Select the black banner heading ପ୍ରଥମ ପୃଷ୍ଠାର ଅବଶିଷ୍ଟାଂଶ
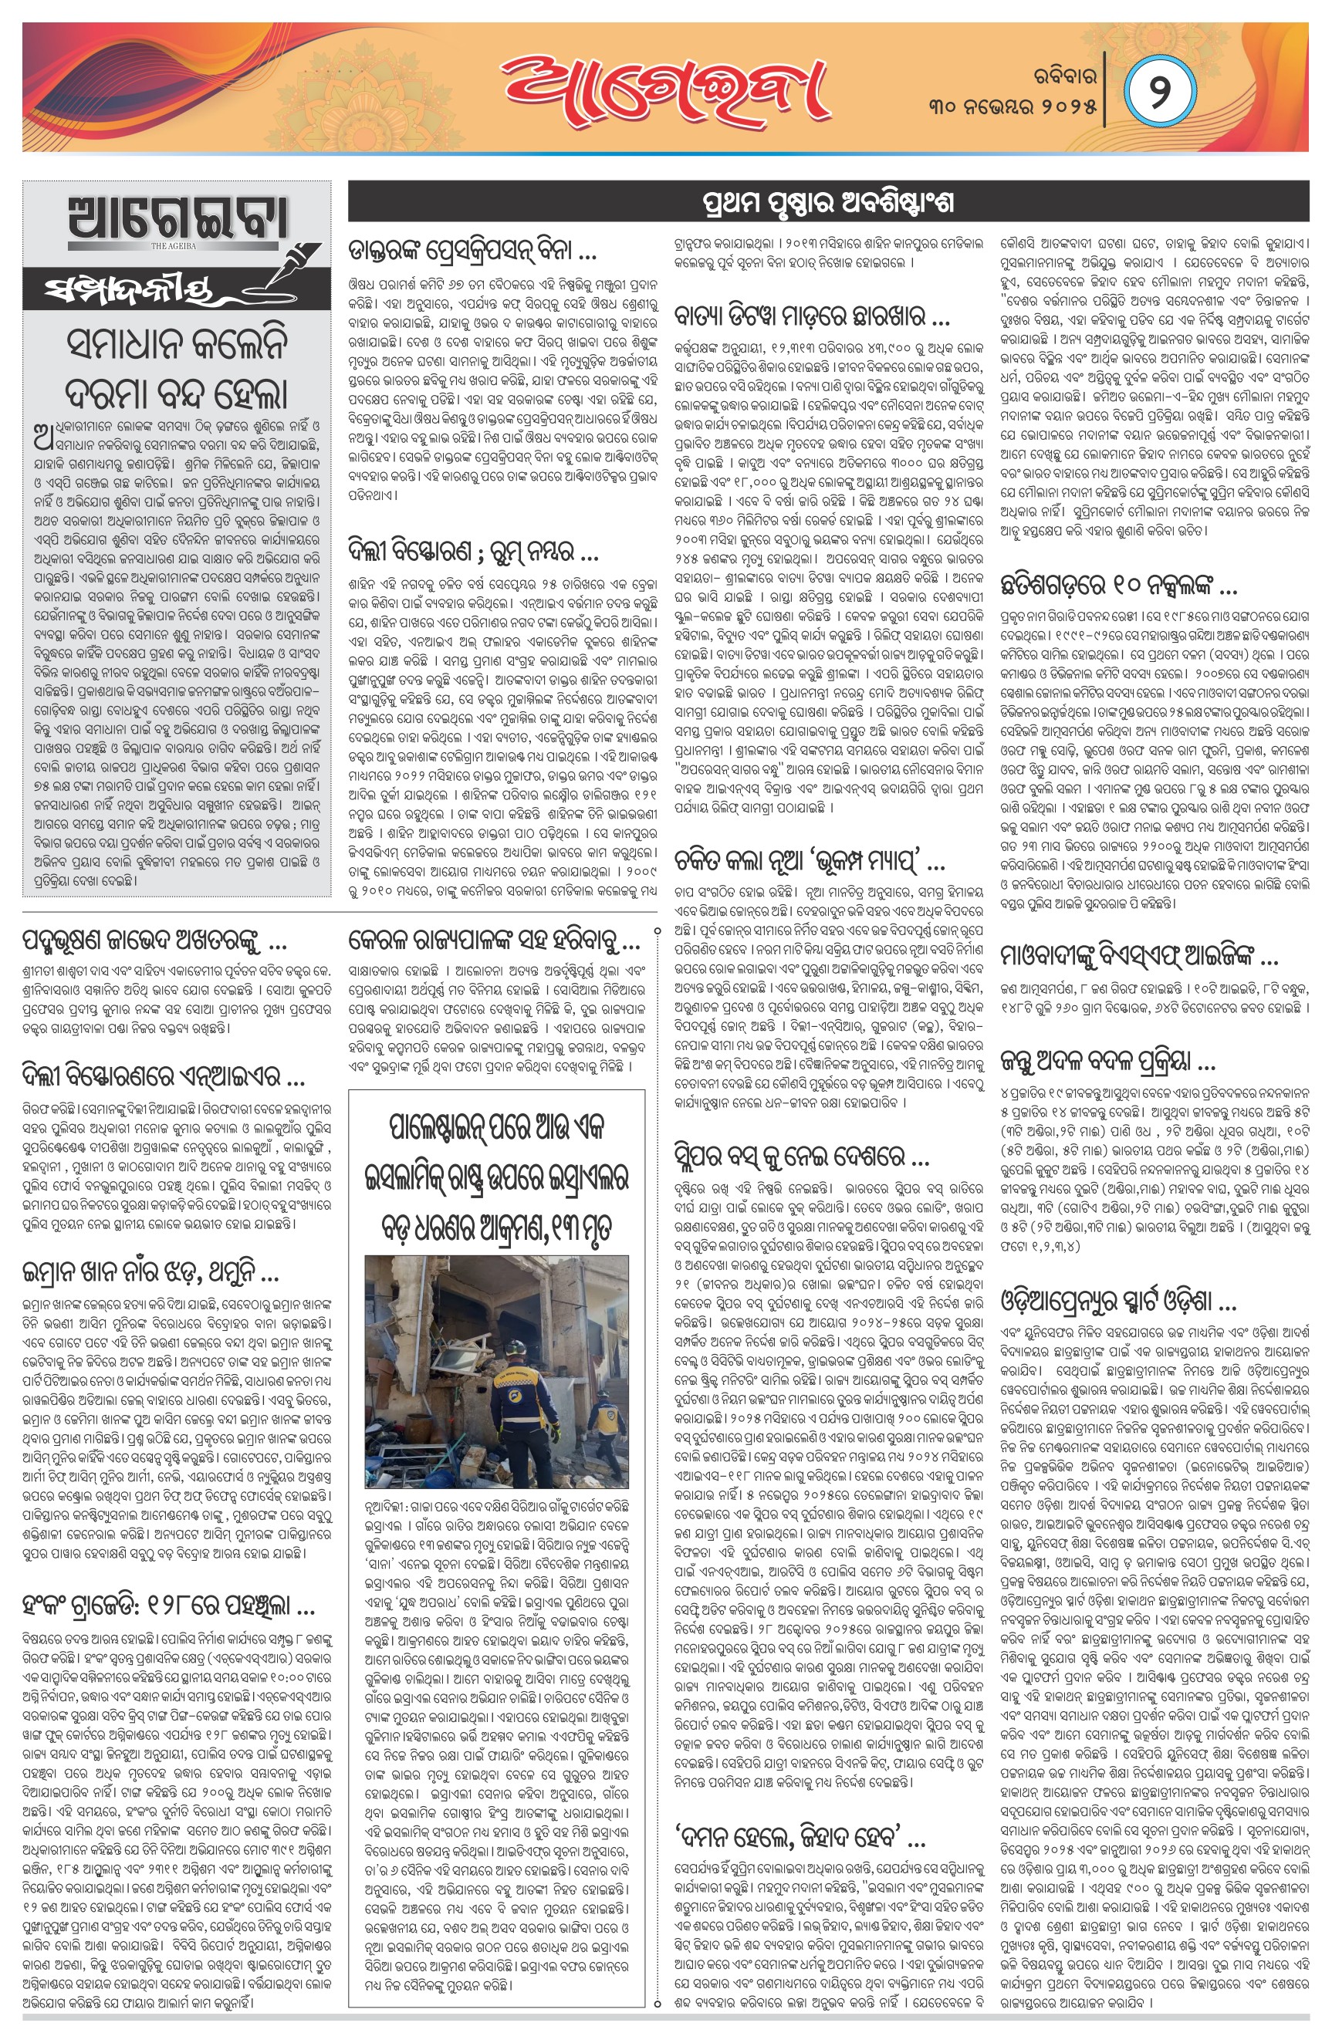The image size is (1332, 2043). (828, 204)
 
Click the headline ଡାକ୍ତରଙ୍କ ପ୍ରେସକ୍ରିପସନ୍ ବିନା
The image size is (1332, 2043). (472, 251)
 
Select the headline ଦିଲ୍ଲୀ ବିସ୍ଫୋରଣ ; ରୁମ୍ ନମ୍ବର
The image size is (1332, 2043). (473, 549)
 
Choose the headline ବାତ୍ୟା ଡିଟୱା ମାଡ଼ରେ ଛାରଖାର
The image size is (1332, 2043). (812, 317)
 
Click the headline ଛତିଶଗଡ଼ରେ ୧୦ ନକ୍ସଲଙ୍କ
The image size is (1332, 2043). (1118, 587)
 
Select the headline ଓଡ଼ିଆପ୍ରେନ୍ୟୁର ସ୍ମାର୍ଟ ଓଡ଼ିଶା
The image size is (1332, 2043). (1118, 1302)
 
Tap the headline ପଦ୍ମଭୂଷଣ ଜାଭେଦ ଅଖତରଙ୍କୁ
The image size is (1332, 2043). (154, 943)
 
